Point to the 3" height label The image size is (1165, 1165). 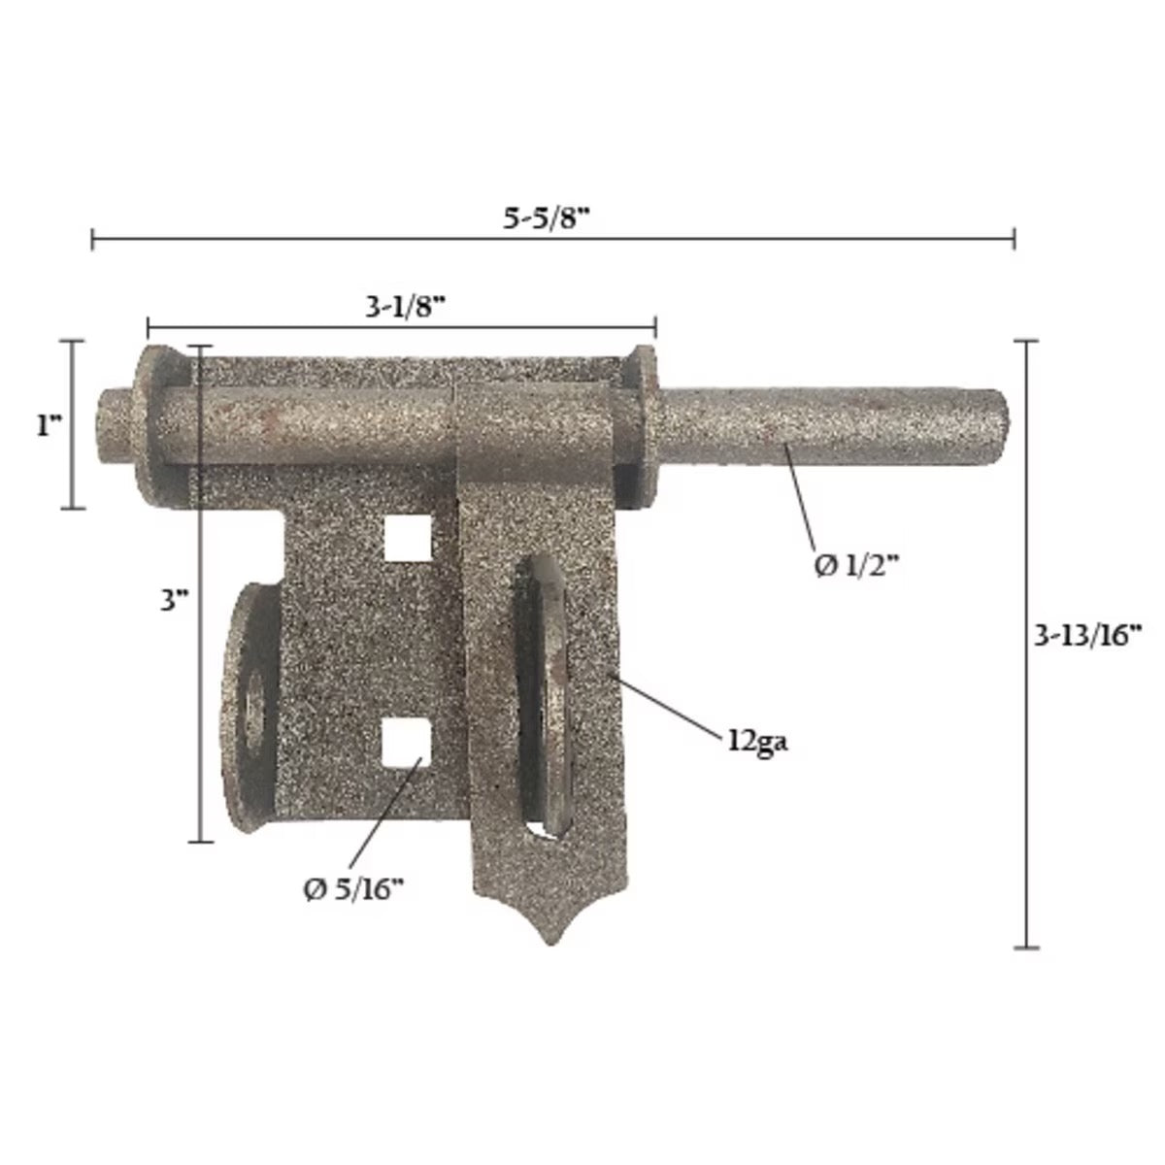tap(175, 601)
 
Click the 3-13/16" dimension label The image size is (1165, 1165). tap(1086, 638)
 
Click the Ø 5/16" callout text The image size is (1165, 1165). tap(353, 890)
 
